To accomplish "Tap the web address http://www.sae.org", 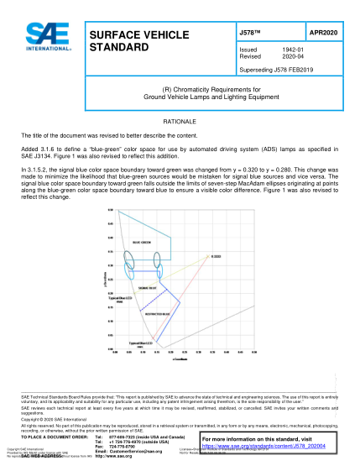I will click(115, 458).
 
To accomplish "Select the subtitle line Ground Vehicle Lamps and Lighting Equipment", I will click(179, 97).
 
